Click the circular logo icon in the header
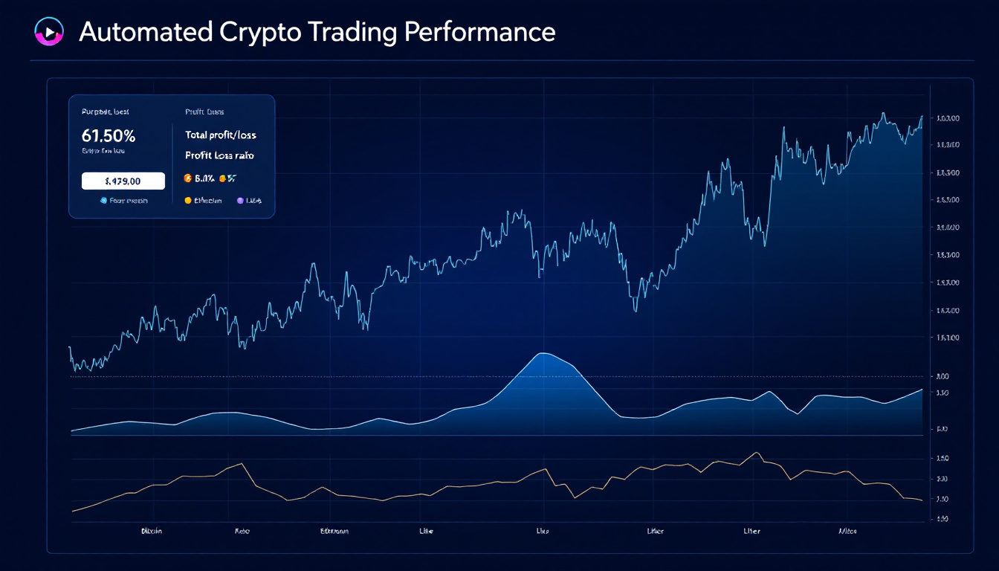(46, 32)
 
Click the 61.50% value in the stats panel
(109, 136)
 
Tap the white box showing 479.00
(123, 181)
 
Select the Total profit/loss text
(221, 135)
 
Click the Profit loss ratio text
(219, 156)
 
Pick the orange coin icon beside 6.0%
(187, 178)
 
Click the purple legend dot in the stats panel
(240, 201)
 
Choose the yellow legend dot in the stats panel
(187, 201)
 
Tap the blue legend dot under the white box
(103, 201)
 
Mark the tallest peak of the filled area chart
(543, 353)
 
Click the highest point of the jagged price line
(882, 113)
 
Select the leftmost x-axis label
(152, 532)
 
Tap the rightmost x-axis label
(847, 532)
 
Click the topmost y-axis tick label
(948, 118)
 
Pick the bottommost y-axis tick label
(943, 518)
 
